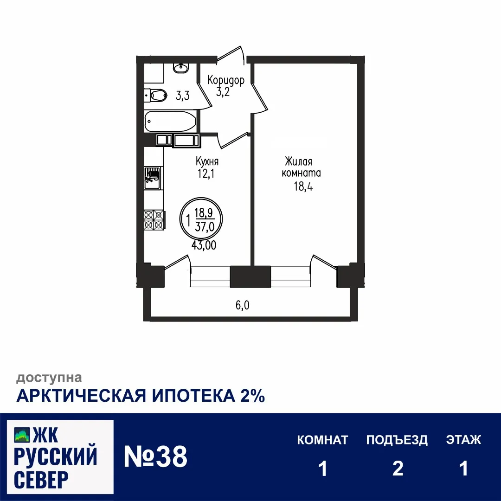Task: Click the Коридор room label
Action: pos(226,80)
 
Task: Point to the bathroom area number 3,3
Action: pos(182,96)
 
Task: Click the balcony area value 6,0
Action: pos(243,305)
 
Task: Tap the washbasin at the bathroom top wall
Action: pos(180,68)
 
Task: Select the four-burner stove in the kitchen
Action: pos(154,219)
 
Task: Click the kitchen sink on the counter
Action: pos(152,178)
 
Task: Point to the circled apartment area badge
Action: pos(201,219)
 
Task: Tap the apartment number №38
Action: pos(155,457)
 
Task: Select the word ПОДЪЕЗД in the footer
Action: pos(397,440)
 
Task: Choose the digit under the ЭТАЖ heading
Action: pos(463,469)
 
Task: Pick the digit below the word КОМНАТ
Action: pos(323,469)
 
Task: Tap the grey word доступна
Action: pos(49,378)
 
